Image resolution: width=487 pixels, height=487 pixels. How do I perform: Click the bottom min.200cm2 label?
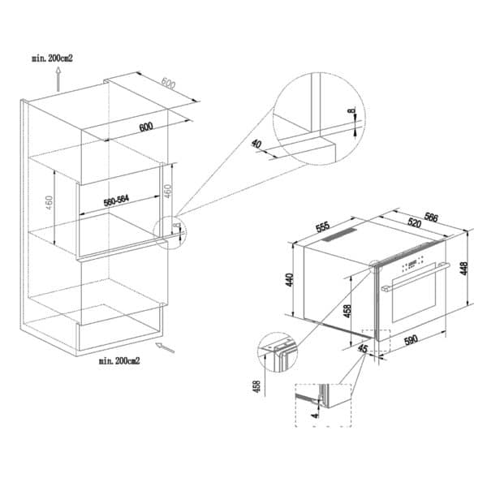coord(119,360)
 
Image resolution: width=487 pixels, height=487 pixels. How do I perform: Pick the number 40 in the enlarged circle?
coord(257,144)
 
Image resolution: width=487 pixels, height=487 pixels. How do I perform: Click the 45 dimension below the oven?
coord(361,350)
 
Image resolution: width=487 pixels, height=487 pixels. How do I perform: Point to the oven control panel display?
coord(414,261)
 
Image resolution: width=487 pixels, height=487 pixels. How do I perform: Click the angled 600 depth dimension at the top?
coord(167,83)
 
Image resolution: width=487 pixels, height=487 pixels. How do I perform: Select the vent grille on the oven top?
coord(338,235)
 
